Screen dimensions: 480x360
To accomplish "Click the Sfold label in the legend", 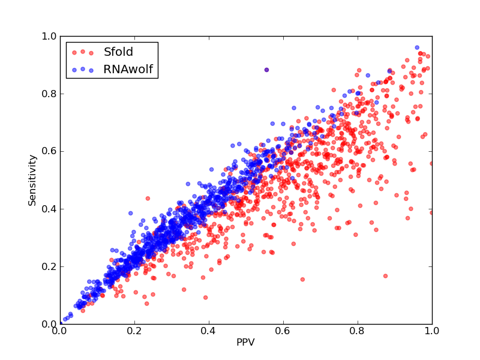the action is [118, 52].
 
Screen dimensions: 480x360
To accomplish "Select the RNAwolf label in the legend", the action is [128, 70].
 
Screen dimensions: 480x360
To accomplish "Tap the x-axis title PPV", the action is [245, 342].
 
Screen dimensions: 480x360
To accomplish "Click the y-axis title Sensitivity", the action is [32, 181].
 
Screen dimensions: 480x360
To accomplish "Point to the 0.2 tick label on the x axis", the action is [134, 331].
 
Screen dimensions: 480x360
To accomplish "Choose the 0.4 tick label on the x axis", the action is [209, 331].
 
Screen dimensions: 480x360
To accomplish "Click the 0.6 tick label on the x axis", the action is [283, 331].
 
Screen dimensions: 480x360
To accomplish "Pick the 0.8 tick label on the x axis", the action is [358, 331].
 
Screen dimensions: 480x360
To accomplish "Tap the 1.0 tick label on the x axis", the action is [431, 331].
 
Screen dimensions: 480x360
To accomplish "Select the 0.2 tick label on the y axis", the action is [49, 266].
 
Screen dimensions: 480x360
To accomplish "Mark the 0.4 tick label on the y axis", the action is [49, 209].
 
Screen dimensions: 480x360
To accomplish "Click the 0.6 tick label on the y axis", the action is [49, 152].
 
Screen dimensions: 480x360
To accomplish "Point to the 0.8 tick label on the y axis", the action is [49, 94].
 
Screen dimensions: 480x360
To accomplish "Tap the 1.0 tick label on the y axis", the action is [49, 37].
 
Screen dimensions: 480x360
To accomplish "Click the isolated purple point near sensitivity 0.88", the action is [266, 70].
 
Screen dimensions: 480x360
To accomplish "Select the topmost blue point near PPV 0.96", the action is [417, 47].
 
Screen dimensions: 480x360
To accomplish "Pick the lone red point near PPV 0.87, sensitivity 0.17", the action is [385, 276].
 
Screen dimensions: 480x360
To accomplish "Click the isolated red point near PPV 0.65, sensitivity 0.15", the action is [302, 279].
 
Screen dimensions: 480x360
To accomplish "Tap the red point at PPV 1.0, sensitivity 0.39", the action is [431, 212].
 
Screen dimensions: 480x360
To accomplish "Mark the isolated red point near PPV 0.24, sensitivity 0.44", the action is [148, 199].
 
